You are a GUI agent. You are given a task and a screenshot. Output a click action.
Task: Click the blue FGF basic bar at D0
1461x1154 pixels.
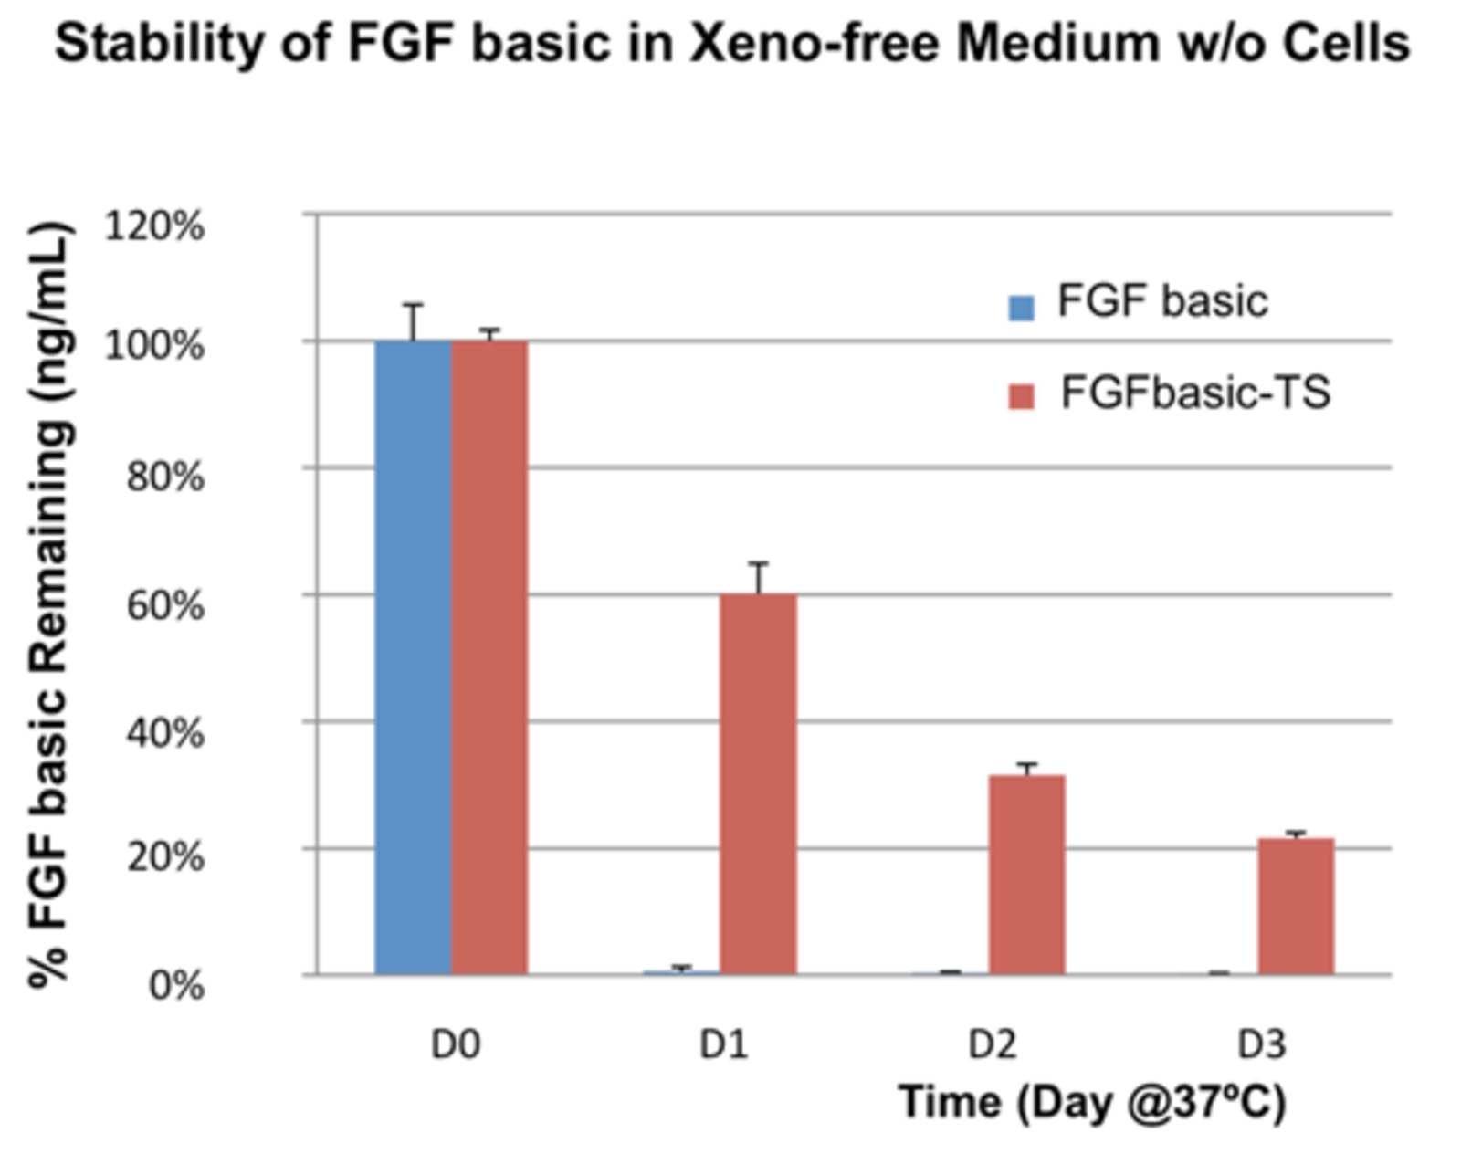(x=413, y=657)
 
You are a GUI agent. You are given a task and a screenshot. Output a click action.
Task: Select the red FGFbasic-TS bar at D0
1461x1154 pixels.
(x=489, y=657)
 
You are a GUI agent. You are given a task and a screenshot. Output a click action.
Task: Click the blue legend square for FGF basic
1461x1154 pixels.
(x=1021, y=308)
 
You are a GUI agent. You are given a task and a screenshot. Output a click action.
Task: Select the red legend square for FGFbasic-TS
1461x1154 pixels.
(x=1021, y=397)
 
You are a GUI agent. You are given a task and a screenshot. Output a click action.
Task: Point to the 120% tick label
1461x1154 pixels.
(x=154, y=226)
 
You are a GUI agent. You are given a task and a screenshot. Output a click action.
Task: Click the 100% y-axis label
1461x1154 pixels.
(x=154, y=346)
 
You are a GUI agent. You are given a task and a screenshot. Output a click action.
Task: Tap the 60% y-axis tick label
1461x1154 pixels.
(x=164, y=604)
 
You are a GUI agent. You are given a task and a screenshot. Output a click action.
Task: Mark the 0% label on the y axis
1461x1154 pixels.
(x=176, y=986)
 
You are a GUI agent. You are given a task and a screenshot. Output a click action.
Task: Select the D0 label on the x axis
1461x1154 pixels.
(x=456, y=1044)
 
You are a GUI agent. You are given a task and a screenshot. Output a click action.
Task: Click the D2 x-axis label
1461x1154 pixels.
(x=993, y=1044)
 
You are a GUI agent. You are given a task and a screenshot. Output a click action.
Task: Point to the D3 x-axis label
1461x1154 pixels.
(x=1261, y=1044)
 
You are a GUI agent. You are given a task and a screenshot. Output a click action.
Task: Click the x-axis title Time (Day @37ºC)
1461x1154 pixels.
(x=1092, y=1102)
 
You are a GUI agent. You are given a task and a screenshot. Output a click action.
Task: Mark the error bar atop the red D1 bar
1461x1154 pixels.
(x=758, y=577)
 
